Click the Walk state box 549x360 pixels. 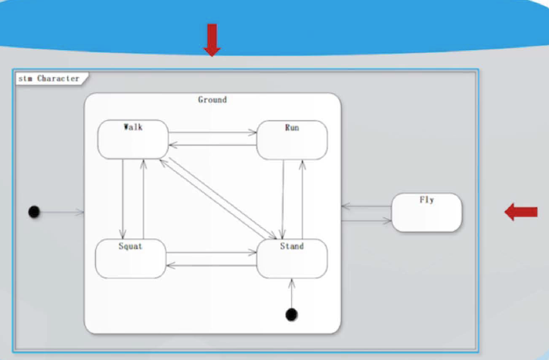[x=132, y=139]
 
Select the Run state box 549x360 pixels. [x=292, y=140]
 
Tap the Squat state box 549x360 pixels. [x=130, y=259]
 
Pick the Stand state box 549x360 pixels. [x=292, y=259]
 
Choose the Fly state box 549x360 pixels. [x=426, y=213]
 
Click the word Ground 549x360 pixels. [x=212, y=100]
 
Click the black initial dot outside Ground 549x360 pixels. [x=33, y=212]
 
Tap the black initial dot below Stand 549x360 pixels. [x=291, y=313]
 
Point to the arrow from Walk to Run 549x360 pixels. [x=212, y=133]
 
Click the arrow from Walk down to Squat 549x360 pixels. [x=123, y=198]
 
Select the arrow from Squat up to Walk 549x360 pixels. [x=143, y=198]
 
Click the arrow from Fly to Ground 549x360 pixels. [x=366, y=206]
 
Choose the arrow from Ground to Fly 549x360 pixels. [x=366, y=221]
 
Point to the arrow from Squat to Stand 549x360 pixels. [x=212, y=253]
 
